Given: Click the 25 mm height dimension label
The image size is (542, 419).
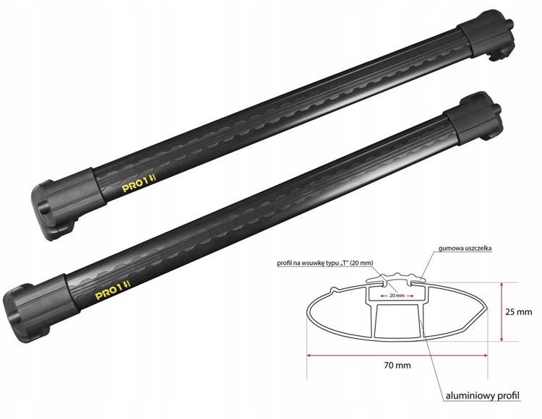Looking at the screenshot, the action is click(518, 312).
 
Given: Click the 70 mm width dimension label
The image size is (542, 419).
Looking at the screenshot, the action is click(397, 365).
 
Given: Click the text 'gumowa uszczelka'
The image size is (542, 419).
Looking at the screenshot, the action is click(465, 248).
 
